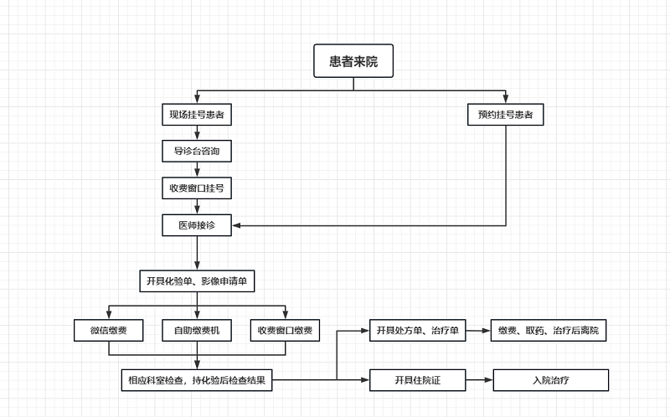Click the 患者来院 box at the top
pos(353,60)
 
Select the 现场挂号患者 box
pos(197,114)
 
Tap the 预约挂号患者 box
pos(505,114)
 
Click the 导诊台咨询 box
pos(197,151)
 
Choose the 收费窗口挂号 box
pos(197,188)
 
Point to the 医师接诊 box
pos(197,224)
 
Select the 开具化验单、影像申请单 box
pos(197,281)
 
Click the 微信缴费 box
pos(108,330)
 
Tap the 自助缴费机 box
pos(197,330)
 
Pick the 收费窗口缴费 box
pos(286,330)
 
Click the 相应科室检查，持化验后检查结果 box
pos(197,380)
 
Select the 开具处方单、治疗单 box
pos(417,330)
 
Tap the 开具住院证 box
pos(417,380)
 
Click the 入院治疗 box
pos(550,380)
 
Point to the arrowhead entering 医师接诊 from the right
pos(237,225)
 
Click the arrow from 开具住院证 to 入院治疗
pos(479,380)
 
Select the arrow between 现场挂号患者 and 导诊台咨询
pos(197,132)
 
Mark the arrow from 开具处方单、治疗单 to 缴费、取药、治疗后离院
pos(478,330)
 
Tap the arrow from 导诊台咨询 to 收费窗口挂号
pos(197,169)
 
